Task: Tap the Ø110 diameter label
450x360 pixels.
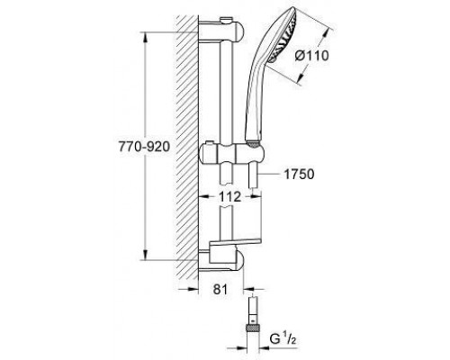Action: (311, 56)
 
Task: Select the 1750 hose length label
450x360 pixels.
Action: (299, 175)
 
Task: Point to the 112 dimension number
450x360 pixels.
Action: (229, 197)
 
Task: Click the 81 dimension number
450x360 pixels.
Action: (220, 290)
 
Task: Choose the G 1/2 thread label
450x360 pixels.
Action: (283, 339)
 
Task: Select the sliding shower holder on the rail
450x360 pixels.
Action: (232, 154)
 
